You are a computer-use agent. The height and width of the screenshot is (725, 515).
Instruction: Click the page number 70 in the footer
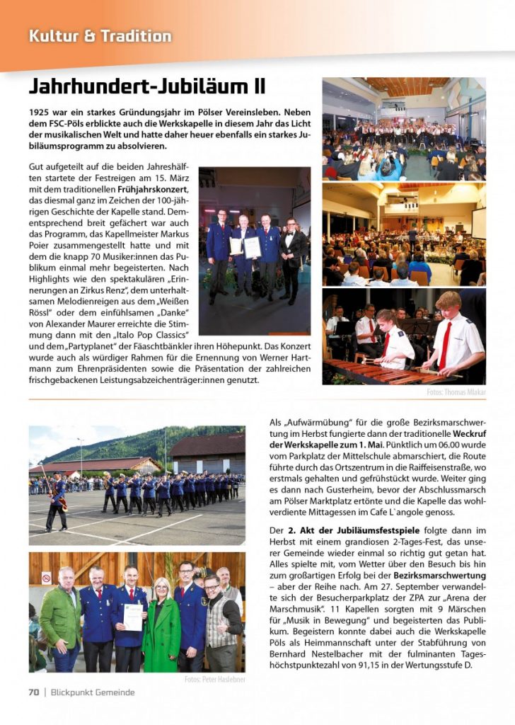[33, 692]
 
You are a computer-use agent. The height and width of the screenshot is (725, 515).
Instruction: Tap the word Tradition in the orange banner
[136, 35]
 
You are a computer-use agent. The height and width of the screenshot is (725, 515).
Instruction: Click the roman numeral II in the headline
[259, 87]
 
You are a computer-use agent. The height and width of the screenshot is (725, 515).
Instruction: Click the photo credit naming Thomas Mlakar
[456, 392]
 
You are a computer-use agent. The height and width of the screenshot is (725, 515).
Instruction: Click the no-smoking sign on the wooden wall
[46, 578]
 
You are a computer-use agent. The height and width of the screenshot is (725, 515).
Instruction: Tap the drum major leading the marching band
[57, 499]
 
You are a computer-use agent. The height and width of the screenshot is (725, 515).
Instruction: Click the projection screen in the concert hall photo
[478, 222]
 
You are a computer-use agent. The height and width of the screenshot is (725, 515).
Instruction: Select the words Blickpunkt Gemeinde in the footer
[92, 692]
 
